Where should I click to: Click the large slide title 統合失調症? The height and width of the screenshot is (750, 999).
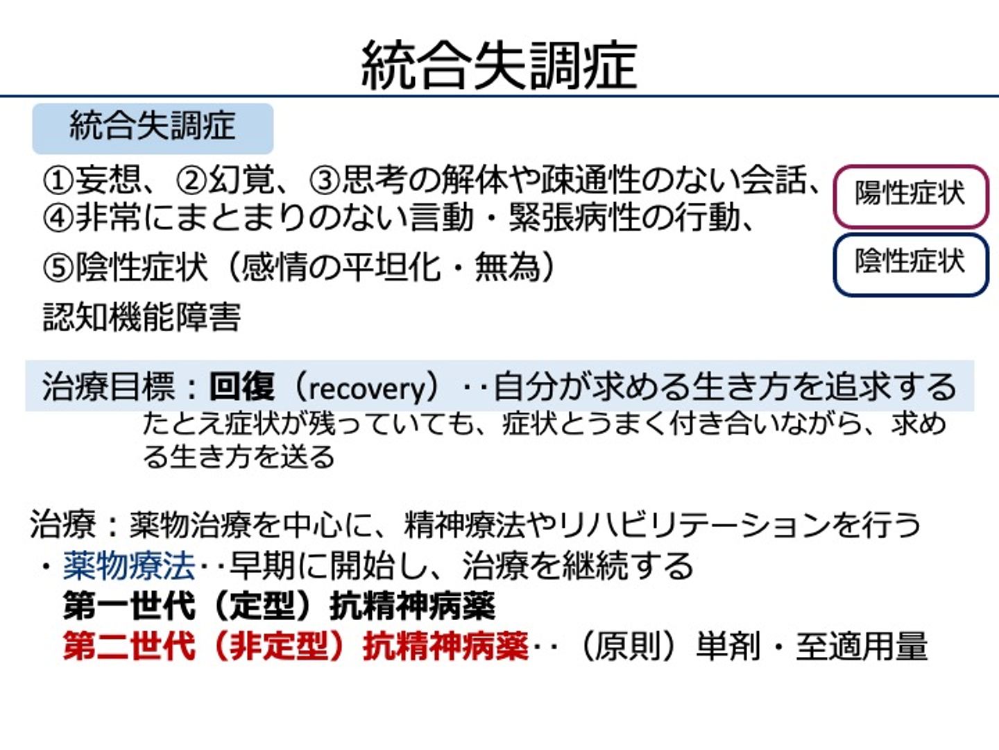tap(499, 65)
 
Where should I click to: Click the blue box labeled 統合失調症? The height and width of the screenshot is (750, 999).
tap(153, 128)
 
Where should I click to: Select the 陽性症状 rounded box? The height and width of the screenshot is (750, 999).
tap(911, 197)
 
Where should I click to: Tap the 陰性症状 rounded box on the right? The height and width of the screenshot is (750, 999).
tap(911, 265)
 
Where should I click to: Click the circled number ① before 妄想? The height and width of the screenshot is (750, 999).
tap(58, 181)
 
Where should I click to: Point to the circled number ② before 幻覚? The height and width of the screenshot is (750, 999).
tap(191, 181)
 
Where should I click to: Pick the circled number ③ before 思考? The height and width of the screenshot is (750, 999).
tap(325, 181)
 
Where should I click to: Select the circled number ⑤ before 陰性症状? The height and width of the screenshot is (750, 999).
tap(58, 268)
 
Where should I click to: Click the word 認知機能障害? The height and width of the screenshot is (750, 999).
tap(142, 317)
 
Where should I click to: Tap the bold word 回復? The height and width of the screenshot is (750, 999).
tap(241, 386)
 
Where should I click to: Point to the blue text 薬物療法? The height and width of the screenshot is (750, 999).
tap(129, 566)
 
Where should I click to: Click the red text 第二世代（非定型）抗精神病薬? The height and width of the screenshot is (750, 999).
tap(296, 646)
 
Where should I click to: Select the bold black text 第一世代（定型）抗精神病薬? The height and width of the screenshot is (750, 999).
tap(279, 606)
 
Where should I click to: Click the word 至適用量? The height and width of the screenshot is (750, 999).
tap(862, 646)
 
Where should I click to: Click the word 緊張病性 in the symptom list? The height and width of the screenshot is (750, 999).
tap(574, 217)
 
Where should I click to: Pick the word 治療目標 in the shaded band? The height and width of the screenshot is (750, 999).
tap(108, 386)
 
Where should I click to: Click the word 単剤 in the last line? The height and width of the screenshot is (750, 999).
tap(728, 646)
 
